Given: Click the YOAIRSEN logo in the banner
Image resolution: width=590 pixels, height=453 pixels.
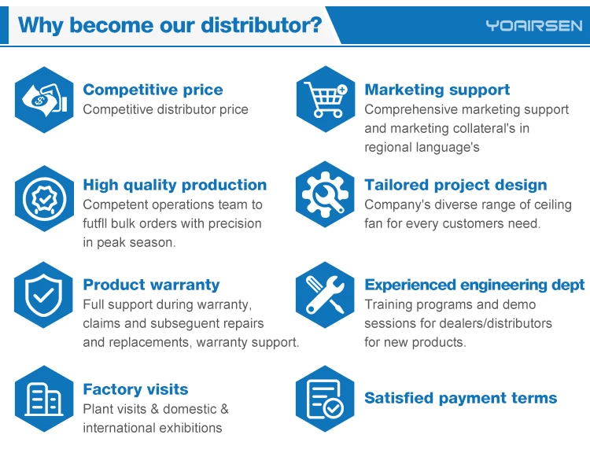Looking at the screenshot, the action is coord(533,26).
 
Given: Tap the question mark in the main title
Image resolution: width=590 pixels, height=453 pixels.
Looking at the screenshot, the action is coord(316,25).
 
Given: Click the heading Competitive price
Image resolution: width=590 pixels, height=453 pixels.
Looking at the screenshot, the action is coord(153,90).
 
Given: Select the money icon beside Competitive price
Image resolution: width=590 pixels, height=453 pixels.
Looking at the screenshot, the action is coord(44,100).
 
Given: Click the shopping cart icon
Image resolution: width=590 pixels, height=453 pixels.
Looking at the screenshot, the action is coord(326,99).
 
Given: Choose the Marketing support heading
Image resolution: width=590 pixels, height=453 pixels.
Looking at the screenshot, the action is coord(437,90).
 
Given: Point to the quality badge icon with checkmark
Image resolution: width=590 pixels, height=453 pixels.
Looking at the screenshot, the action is coord(44,198).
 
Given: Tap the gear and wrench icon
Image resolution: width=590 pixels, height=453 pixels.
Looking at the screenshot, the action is coord(325,194).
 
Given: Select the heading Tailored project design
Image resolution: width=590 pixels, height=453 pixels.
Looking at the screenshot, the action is coord(455,185).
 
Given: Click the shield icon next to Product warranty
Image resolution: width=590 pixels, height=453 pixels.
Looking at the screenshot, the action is coord(43,295).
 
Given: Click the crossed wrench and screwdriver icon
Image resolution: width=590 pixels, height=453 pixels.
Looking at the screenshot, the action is coord(325,295).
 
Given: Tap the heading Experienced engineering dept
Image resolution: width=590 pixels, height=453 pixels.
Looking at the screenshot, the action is coord(474,285).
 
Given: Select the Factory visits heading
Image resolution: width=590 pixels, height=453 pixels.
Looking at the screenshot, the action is coord(135,389).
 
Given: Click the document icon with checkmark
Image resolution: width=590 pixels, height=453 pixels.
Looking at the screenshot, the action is coord(325,399).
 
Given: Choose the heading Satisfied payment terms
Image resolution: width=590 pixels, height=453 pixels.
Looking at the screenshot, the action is coord(460,398).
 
